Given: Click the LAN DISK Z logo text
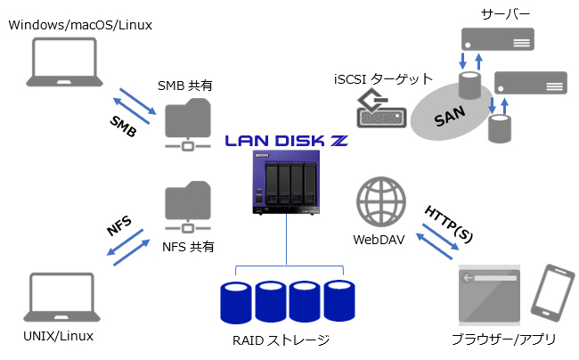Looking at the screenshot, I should [285, 141].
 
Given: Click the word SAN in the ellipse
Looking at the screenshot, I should [452, 122].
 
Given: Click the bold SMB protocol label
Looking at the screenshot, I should [124, 127].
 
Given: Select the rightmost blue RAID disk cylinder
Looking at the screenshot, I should [339, 301].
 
